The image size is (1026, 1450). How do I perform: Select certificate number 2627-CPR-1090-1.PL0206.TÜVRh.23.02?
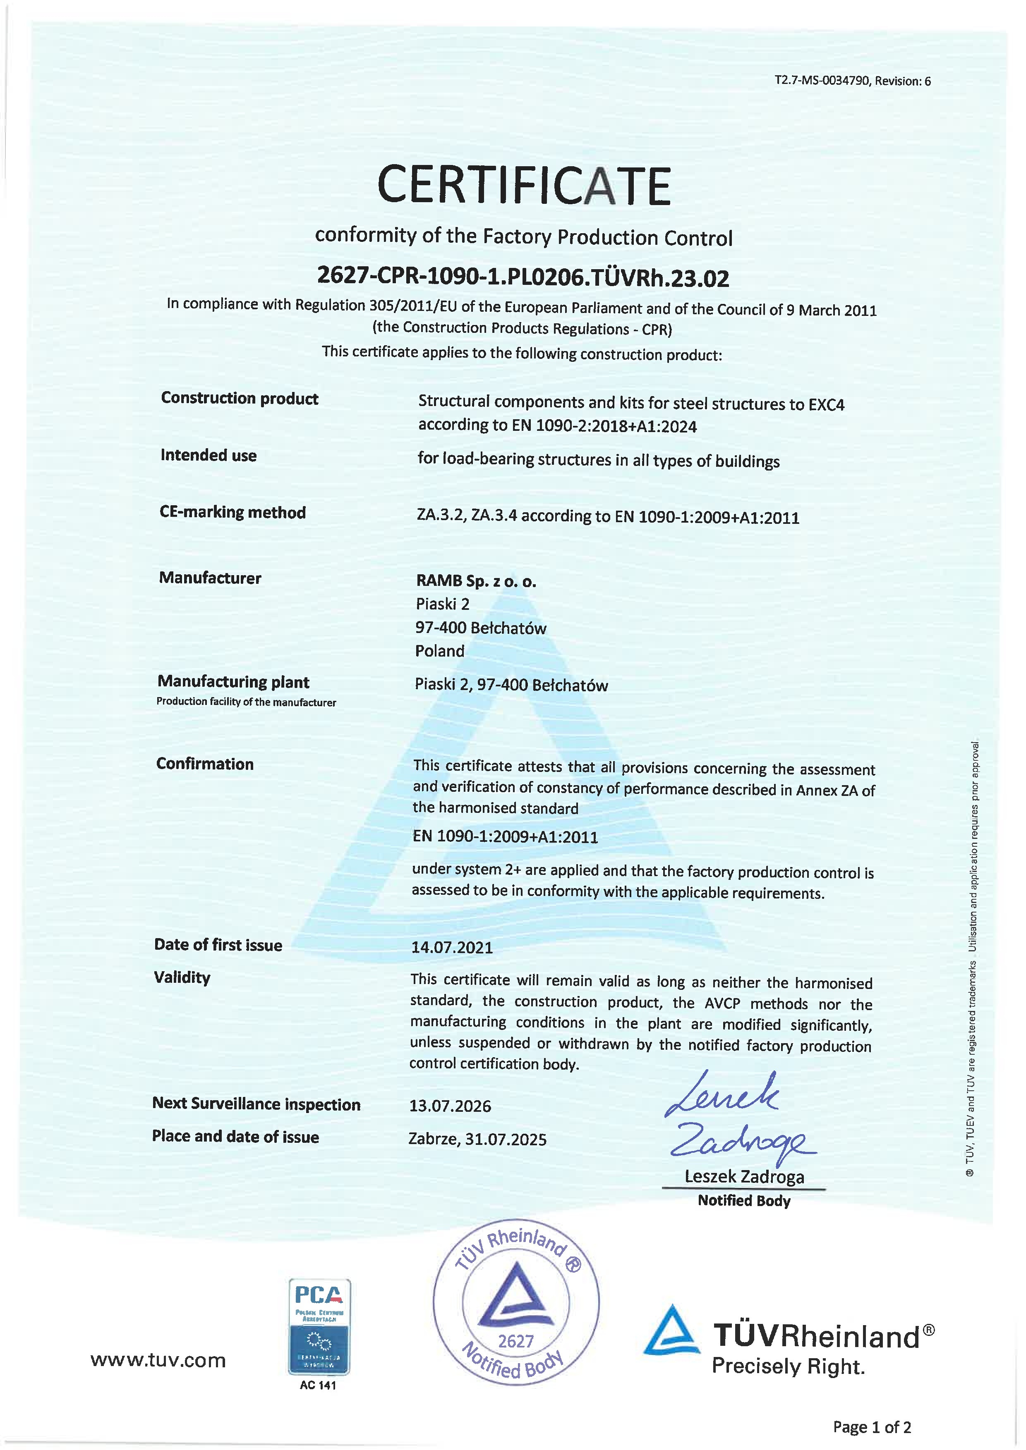tap(523, 277)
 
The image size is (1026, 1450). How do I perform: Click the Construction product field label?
tap(240, 399)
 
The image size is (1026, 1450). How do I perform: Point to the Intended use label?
tap(209, 455)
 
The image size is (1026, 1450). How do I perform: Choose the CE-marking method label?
tap(233, 512)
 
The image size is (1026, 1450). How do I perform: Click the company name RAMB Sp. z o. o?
tap(476, 581)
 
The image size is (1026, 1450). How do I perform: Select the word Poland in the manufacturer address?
tap(440, 651)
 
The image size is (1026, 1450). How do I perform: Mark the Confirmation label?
tap(205, 764)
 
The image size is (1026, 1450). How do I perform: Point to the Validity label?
tap(182, 977)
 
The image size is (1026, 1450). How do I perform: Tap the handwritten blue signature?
tap(736, 1118)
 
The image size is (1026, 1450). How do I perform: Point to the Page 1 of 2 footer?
tap(872, 1426)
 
